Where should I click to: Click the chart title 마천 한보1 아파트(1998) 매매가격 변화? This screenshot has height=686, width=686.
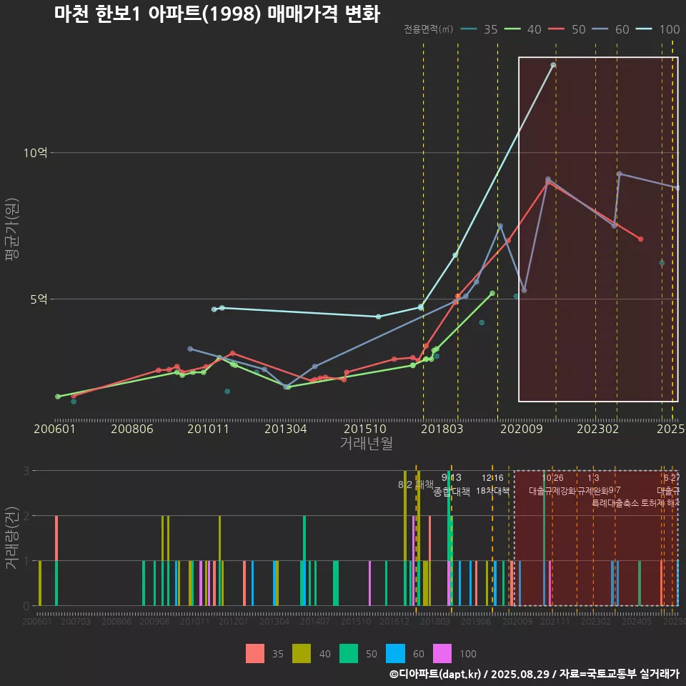point(217,14)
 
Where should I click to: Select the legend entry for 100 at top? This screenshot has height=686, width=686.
point(658,29)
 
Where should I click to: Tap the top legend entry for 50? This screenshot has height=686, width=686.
point(567,29)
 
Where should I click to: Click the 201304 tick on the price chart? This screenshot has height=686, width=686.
point(285,429)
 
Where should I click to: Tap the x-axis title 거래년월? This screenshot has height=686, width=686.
point(366,443)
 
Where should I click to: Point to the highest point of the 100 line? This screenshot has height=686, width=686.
point(553,65)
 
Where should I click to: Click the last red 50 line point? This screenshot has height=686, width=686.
point(640,239)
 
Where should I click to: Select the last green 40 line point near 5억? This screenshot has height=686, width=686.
point(492,293)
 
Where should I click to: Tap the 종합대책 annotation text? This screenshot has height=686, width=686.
point(452,492)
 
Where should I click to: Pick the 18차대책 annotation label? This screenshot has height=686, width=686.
point(492,492)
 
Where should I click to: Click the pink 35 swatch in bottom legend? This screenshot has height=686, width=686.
point(254,653)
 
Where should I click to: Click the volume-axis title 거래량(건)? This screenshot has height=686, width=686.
point(12,537)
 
